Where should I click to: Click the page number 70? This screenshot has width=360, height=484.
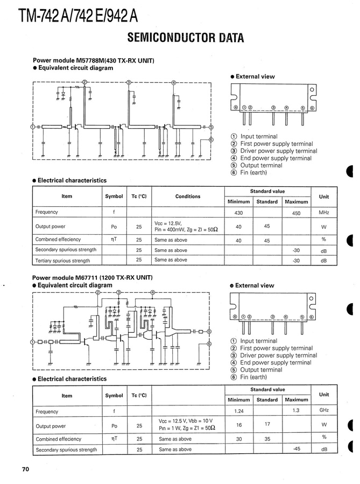25,469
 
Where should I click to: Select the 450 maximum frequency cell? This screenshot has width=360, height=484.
296,213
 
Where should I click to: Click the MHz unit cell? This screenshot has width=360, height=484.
324,213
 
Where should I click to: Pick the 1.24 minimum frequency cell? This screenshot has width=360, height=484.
239,411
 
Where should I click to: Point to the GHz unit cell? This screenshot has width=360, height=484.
324,411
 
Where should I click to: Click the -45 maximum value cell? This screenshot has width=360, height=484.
296,448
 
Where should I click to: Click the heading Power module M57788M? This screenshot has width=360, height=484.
94,61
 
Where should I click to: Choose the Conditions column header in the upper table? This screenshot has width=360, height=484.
188,197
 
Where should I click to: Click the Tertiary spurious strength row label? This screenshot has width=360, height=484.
62,261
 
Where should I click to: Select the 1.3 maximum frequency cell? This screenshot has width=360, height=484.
296,410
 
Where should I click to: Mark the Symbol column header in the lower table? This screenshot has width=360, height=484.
114,396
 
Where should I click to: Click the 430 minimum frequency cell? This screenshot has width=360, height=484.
239,213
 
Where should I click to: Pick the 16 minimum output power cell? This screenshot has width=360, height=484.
239,425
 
